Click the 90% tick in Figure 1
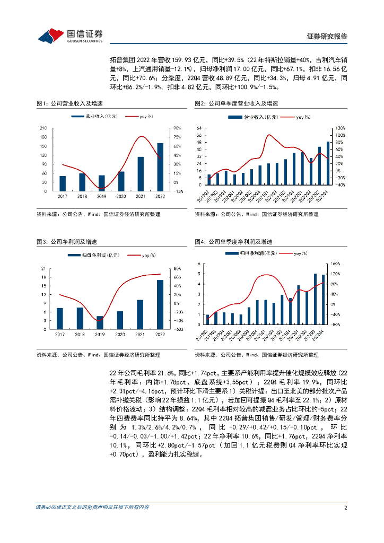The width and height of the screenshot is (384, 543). (x=177, y=128)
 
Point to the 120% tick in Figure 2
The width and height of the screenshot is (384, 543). (x=339, y=128)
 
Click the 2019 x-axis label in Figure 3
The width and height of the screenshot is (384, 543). (x=99, y=335)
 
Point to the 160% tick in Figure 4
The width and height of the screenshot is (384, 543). (x=335, y=263)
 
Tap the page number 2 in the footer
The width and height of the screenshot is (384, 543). (x=345, y=507)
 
